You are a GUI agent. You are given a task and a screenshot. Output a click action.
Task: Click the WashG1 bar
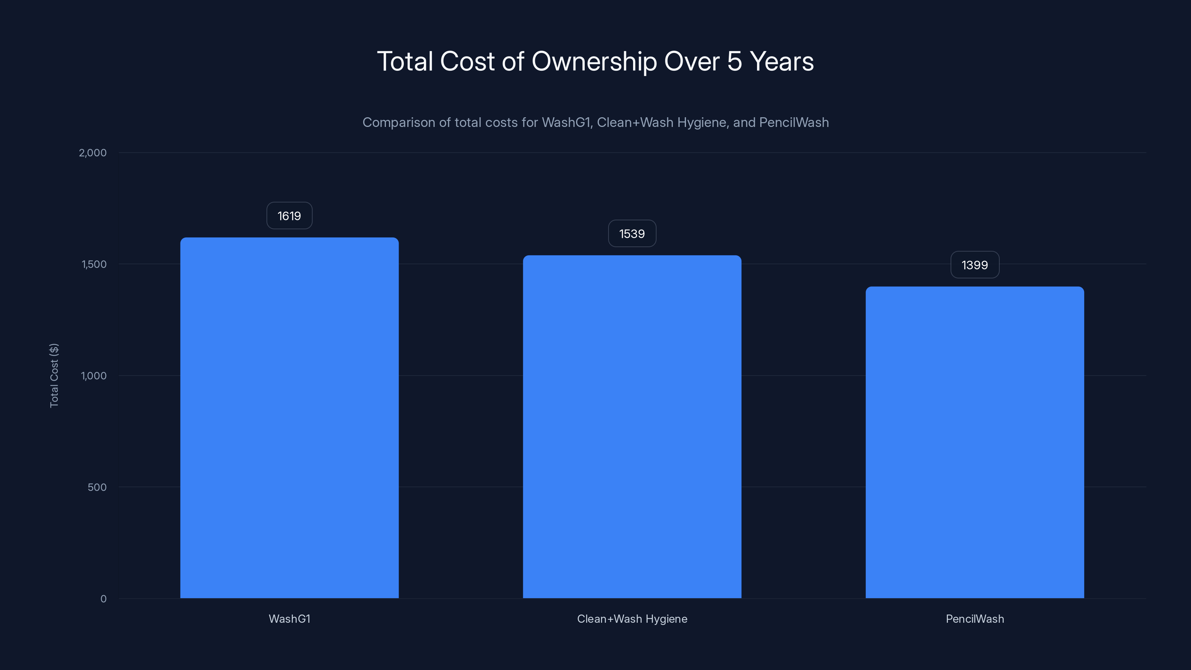tap(290, 418)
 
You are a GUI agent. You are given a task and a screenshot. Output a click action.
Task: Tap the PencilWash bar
tap(975, 442)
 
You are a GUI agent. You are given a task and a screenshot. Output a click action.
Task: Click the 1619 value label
tap(290, 216)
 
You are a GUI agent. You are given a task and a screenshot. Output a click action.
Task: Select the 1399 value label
tap(975, 265)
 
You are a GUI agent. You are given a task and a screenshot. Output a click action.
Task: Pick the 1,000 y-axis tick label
tap(94, 376)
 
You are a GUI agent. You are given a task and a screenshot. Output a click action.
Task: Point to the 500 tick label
tap(97, 487)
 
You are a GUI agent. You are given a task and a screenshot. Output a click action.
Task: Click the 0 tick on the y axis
tap(103, 599)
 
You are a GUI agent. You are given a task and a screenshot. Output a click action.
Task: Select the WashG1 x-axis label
tap(290, 619)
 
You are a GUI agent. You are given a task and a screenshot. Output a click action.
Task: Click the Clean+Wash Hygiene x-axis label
tap(632, 619)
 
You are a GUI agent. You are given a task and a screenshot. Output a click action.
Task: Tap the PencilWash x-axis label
tap(975, 619)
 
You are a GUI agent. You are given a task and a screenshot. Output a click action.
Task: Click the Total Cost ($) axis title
tap(54, 376)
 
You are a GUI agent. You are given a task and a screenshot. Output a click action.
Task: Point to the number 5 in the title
tap(735, 61)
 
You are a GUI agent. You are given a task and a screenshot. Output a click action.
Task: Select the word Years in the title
tap(782, 61)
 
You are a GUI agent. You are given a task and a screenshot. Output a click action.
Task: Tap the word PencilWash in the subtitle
tap(794, 122)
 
